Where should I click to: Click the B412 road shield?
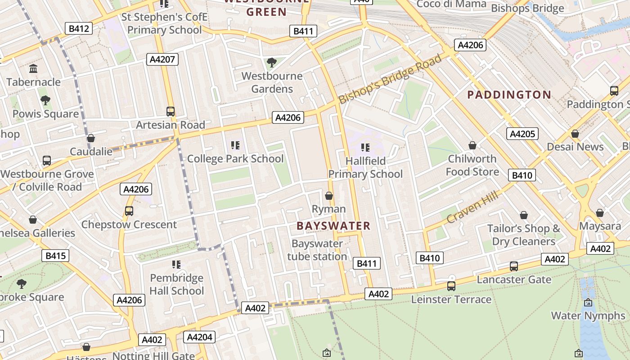79,29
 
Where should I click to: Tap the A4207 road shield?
162,59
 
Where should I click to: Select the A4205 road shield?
522,134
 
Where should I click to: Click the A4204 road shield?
199,337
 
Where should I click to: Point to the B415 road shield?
56,256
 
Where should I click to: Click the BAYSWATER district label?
333,226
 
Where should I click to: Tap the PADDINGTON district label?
509,94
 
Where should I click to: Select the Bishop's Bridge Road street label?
390,79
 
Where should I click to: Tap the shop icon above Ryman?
329,196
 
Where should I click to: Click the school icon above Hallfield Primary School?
365,147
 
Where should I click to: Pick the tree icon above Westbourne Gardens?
271,62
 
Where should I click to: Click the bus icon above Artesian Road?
170,111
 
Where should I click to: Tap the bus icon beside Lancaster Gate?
514,266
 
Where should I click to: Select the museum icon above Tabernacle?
33,69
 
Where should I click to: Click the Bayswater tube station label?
317,250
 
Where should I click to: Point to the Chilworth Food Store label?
472,165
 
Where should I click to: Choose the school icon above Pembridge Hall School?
176,264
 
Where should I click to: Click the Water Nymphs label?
588,315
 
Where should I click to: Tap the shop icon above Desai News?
575,134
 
